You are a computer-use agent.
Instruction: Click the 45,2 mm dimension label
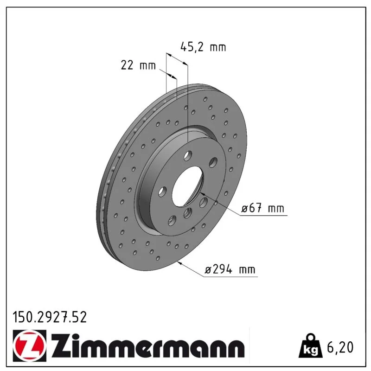203,47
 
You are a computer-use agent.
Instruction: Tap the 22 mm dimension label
138,65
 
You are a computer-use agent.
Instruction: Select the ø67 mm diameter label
262,208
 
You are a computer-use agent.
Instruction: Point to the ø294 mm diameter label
230,269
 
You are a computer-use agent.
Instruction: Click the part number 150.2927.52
50,317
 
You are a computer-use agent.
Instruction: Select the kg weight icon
310,346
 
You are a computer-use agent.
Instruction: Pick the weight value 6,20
340,347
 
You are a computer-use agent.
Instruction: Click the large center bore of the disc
187,186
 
